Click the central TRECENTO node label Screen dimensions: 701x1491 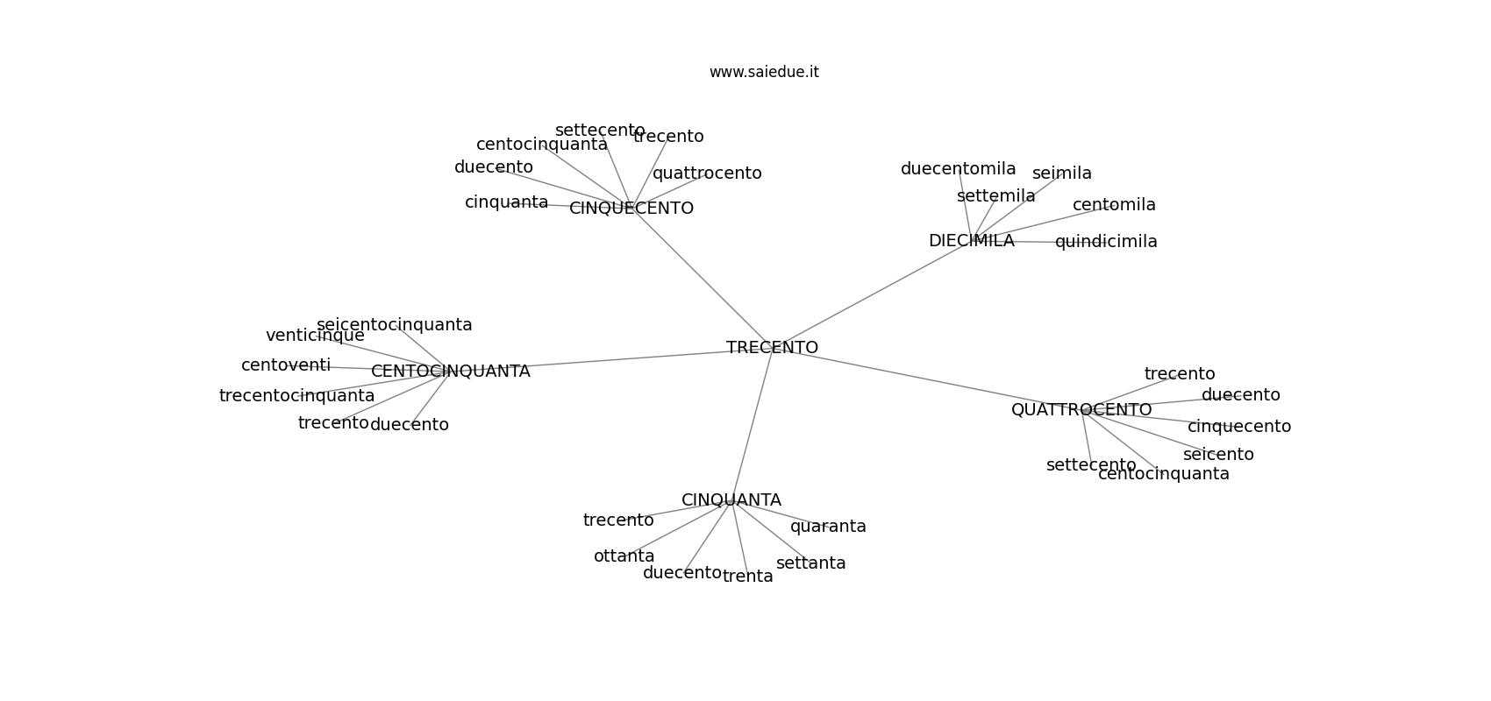772,348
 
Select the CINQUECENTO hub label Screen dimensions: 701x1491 631,209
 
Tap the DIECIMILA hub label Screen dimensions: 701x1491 971,241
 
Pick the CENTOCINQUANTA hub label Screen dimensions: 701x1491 450,372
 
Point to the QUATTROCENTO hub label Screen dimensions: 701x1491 1081,410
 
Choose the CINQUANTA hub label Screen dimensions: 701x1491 731,500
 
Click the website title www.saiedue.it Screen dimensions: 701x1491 764,72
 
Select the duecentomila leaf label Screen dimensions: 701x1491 958,169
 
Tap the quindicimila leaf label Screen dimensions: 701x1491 1105,242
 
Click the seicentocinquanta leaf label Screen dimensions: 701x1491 394,325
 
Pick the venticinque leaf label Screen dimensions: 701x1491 315,336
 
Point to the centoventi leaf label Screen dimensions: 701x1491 286,365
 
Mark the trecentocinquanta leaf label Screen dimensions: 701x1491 296,396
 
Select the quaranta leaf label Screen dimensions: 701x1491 828,527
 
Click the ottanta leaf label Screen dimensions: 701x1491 624,556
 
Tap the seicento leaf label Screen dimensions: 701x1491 1217,455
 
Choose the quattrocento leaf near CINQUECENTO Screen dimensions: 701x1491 707,173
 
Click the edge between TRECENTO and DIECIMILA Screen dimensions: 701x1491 872,294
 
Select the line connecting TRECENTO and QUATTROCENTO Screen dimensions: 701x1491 926,379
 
